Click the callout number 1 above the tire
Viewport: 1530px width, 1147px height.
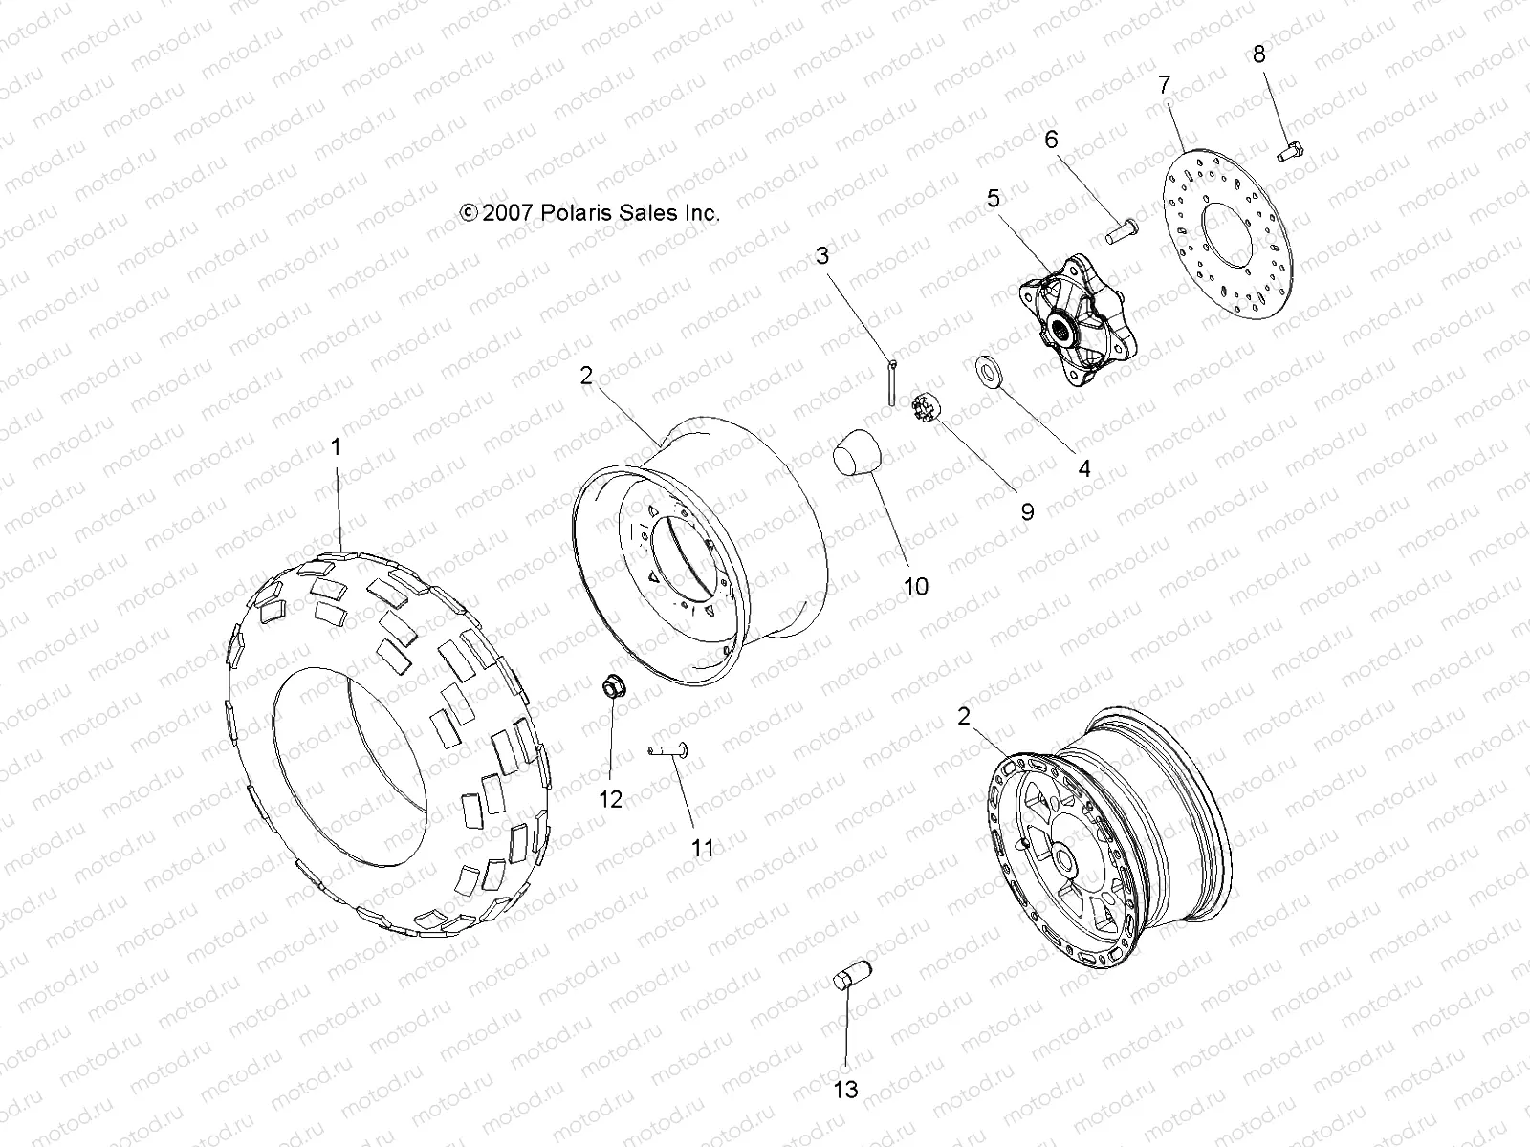(335, 446)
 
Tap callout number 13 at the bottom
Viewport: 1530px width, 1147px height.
(846, 1089)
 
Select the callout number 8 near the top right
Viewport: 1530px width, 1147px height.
(1258, 54)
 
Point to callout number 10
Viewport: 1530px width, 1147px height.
(915, 586)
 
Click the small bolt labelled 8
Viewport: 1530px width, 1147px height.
(1292, 150)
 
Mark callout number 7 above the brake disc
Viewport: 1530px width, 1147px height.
(1164, 84)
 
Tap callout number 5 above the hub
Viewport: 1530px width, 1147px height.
(994, 198)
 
